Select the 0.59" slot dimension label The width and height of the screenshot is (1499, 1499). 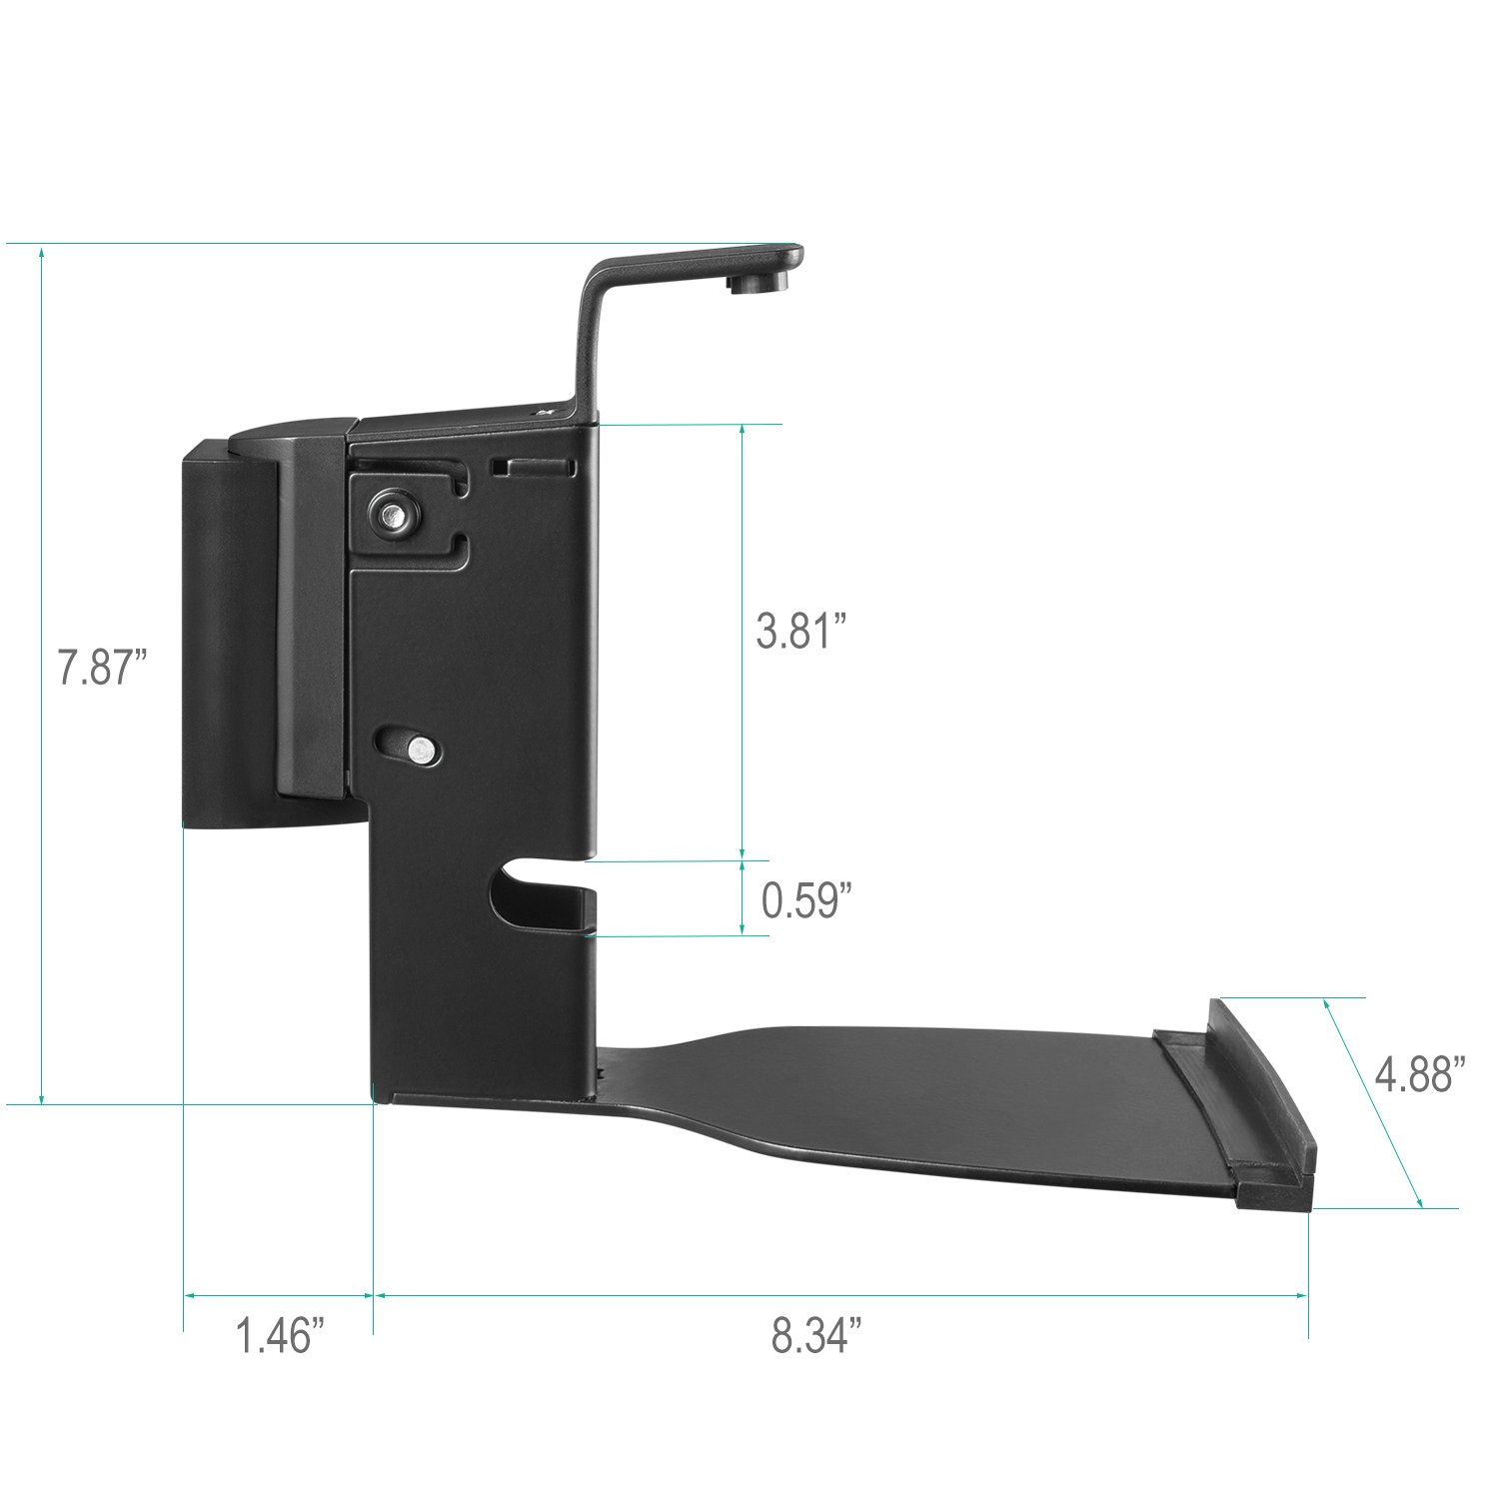[x=806, y=900]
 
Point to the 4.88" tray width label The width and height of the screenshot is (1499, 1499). [x=1420, y=1075]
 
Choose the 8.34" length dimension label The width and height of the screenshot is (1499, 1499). [x=816, y=1336]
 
